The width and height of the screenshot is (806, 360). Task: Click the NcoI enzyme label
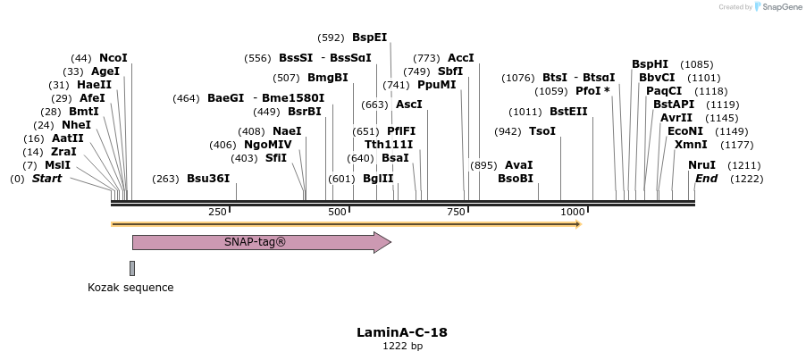113,57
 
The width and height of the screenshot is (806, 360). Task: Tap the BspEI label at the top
369,38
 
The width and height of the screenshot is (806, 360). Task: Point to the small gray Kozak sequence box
132,268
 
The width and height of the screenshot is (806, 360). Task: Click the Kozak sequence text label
130,288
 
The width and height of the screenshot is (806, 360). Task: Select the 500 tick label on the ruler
338,212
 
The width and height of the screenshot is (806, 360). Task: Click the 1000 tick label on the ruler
572,212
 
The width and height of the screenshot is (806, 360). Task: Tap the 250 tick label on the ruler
217,212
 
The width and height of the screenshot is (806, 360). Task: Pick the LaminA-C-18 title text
402,332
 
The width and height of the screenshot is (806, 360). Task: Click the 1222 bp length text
402,347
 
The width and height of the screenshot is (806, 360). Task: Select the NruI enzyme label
701,165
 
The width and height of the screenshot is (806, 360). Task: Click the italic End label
706,179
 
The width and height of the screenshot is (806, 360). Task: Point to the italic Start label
47,179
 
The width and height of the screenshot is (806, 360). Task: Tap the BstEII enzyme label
568,112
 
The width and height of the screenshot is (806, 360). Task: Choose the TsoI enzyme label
542,131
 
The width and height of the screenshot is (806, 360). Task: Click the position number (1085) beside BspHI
696,64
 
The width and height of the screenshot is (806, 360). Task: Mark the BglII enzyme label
378,179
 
